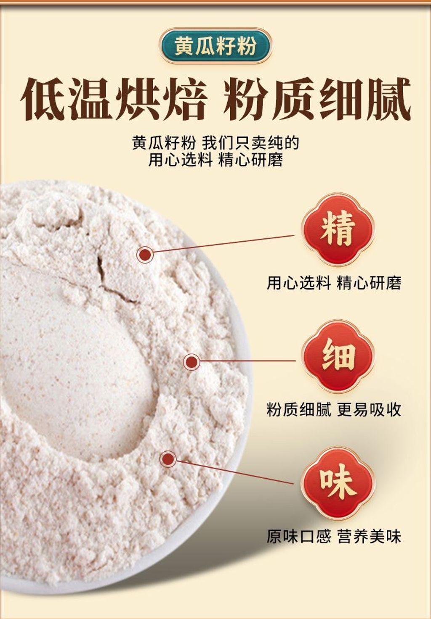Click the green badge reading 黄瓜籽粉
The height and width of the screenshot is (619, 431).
click(215, 46)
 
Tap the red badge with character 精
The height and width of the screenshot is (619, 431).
click(338, 229)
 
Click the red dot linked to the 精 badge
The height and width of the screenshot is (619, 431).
click(145, 255)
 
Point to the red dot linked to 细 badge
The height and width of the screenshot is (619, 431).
click(192, 362)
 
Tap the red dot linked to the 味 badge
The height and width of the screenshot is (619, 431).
click(168, 459)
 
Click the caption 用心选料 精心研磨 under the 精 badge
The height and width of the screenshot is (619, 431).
click(334, 283)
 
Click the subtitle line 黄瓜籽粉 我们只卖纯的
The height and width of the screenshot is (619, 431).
click(215, 143)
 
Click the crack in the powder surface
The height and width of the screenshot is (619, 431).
click(116, 279)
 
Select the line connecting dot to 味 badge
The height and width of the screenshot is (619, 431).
click(235, 472)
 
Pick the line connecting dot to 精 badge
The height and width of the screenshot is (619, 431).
click(224, 243)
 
